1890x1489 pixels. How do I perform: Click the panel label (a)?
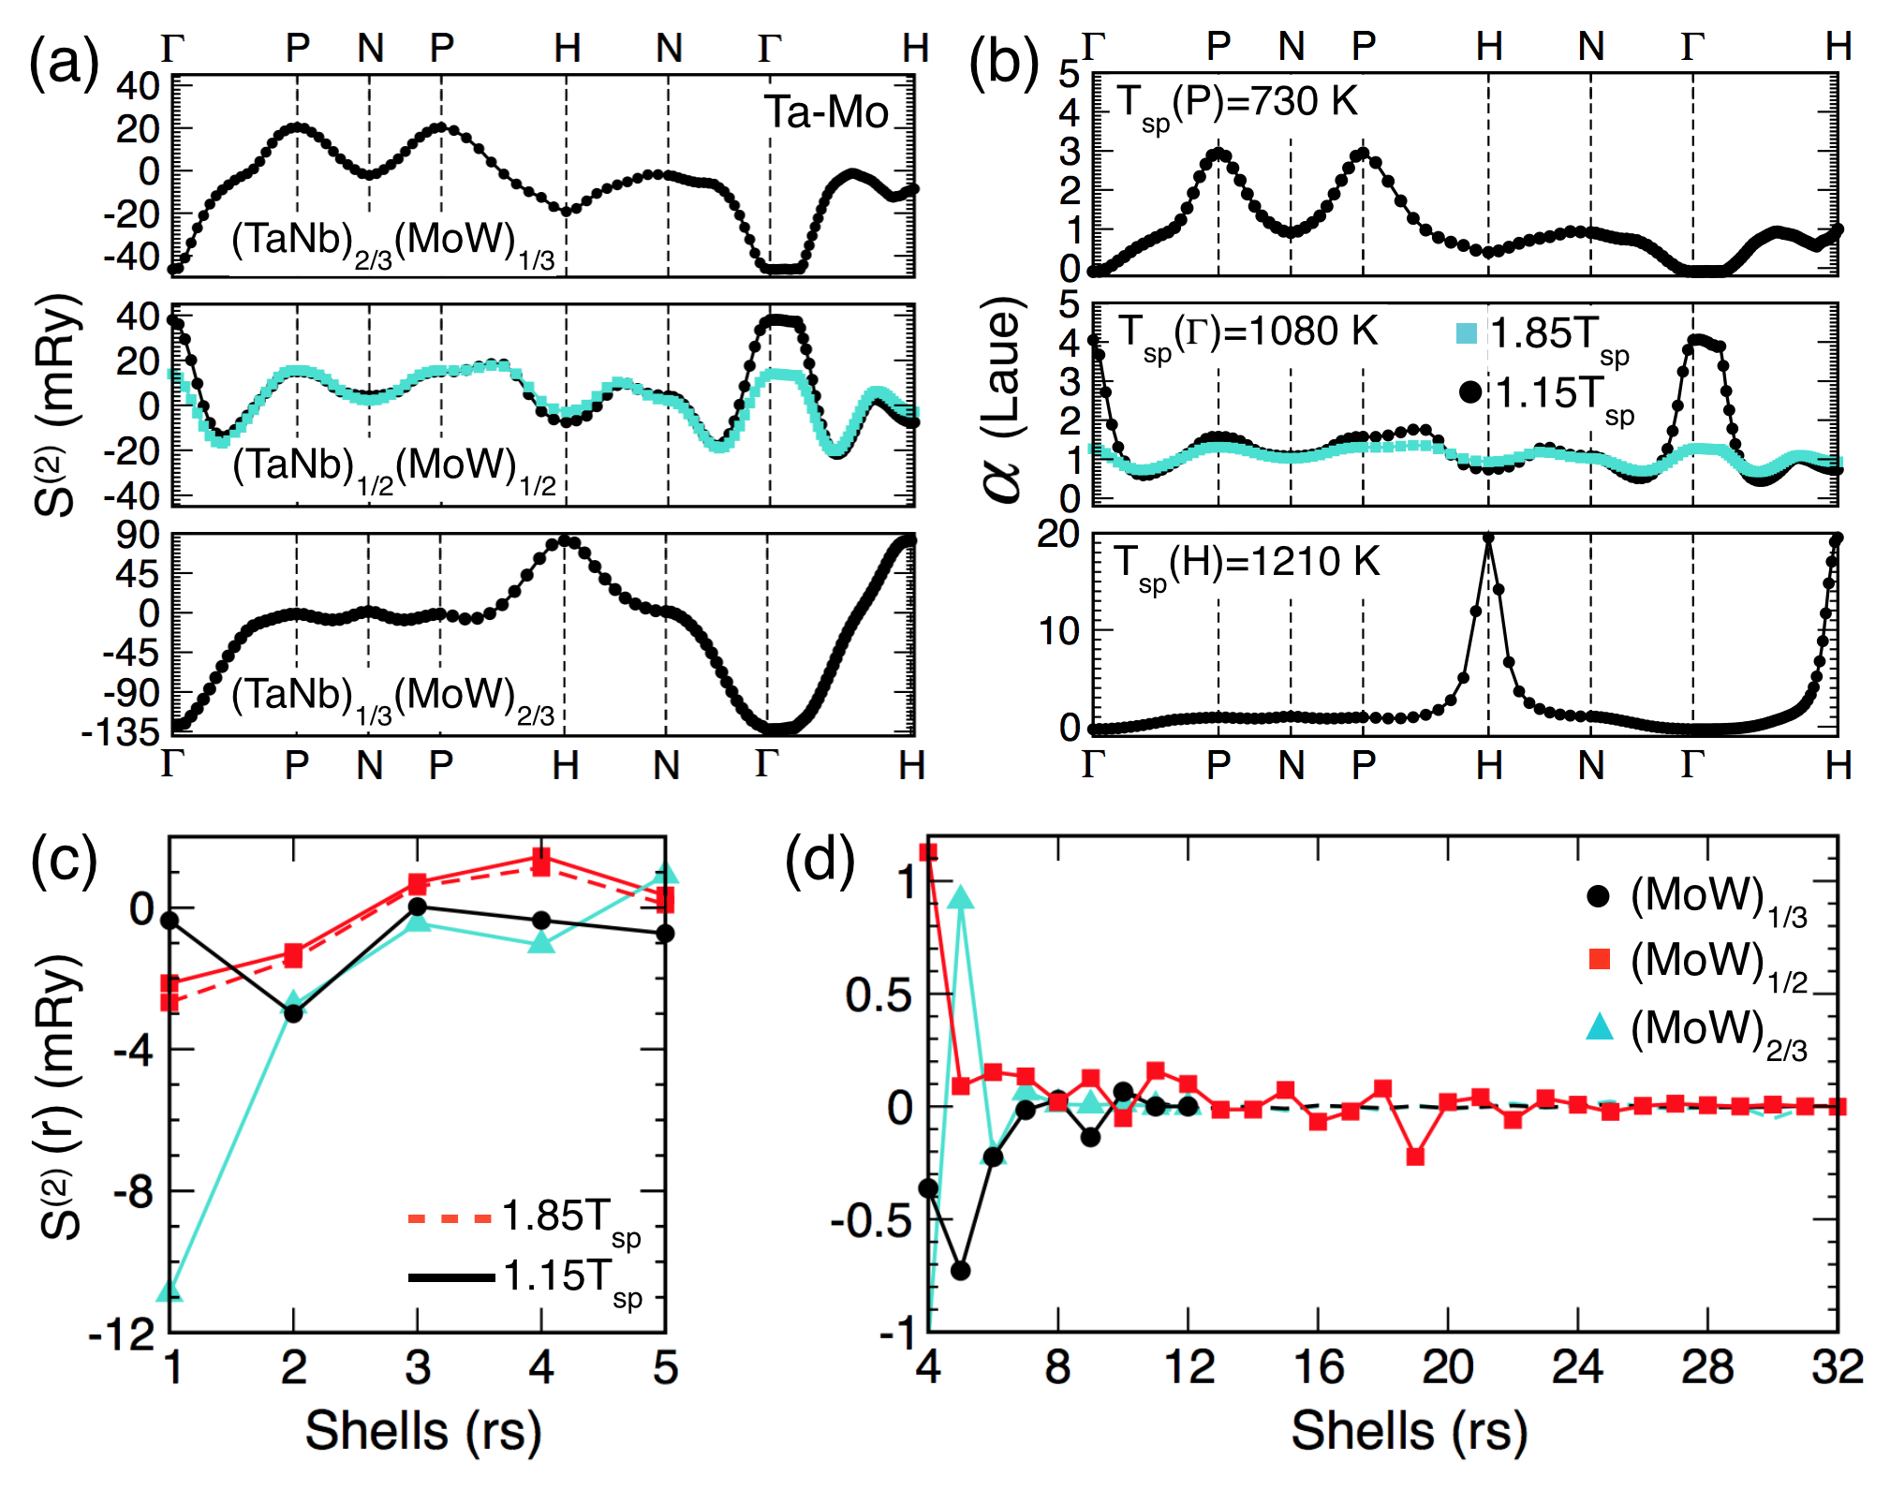click(64, 64)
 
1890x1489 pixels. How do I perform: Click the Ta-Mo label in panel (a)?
click(826, 112)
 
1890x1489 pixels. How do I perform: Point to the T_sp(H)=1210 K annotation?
click(1246, 564)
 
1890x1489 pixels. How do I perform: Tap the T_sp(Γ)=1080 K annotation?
click(1248, 334)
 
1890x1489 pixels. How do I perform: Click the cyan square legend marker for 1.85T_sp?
click(1467, 333)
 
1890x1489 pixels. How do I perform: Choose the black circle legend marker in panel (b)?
click(1470, 392)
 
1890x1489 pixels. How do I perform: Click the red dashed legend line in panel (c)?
click(450, 1218)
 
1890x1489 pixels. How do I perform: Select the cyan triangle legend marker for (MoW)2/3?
click(1600, 1027)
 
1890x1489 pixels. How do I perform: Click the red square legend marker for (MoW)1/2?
click(1600, 959)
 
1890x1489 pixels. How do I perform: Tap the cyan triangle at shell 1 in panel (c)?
click(170, 1290)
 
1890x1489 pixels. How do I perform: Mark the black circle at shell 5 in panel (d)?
click(960, 1271)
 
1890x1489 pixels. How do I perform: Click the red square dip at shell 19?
click(1415, 1157)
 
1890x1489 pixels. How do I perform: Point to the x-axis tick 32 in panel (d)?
click(1837, 1368)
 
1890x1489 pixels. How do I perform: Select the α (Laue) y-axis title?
click(1002, 400)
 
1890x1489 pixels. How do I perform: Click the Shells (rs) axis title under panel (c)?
click(423, 1432)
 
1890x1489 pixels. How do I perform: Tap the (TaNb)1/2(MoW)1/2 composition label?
click(394, 467)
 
